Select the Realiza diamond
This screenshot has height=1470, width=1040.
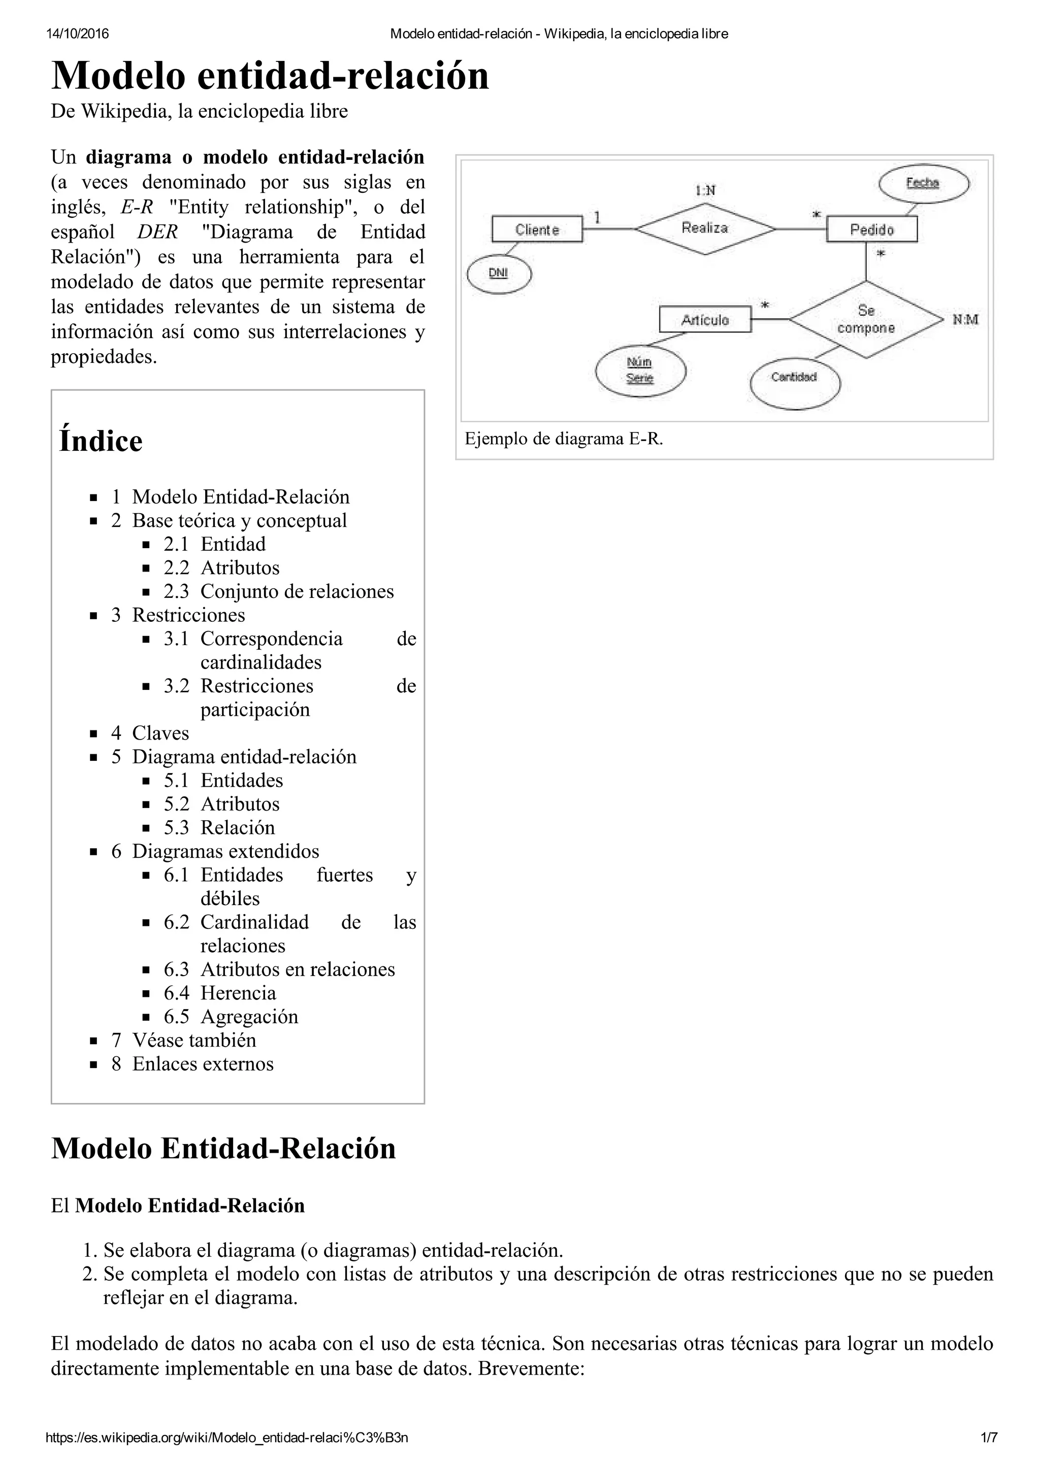coord(704,228)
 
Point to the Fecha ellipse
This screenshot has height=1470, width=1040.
coord(923,184)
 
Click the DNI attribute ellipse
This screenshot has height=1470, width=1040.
coord(499,274)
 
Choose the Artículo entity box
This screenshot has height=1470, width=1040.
coord(704,319)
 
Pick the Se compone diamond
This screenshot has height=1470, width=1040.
coord(866,319)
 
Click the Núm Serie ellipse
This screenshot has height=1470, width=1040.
coord(640,371)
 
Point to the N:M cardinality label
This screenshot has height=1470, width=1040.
coord(965,319)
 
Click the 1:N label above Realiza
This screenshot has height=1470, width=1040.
coord(705,190)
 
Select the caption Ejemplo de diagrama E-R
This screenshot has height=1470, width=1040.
coord(564,439)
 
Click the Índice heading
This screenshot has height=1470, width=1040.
coord(101,441)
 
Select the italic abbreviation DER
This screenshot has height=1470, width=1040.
coord(157,232)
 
